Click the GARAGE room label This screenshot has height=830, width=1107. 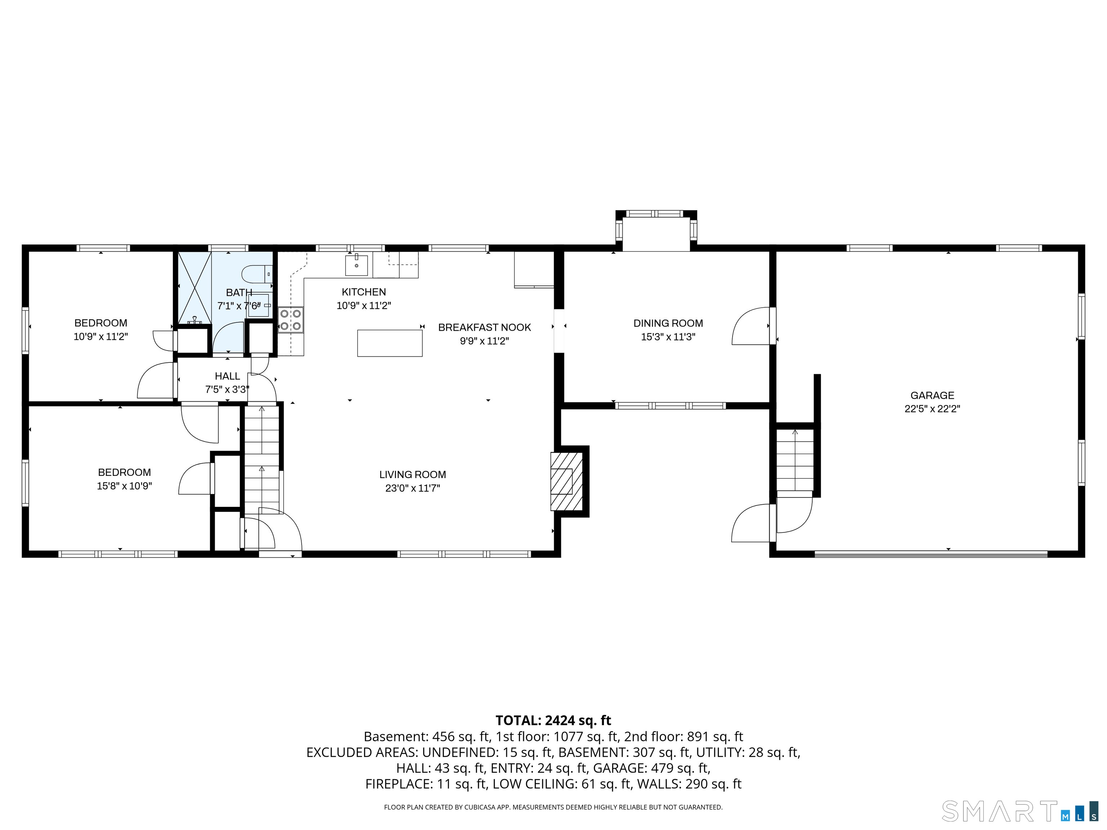click(932, 395)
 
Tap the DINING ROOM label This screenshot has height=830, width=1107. click(668, 323)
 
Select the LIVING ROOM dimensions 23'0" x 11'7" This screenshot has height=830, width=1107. click(412, 488)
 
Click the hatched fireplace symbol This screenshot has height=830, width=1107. click(566, 481)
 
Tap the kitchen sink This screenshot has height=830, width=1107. click(356, 265)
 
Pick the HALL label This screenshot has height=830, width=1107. click(227, 376)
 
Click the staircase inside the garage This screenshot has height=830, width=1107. click(795, 460)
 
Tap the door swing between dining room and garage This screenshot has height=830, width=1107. click(751, 326)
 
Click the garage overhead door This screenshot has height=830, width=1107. click(931, 554)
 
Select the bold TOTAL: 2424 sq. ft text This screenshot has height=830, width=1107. click(553, 720)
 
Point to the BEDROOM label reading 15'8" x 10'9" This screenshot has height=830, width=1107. click(124, 472)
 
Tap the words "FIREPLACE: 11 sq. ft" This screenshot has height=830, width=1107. click(426, 784)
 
